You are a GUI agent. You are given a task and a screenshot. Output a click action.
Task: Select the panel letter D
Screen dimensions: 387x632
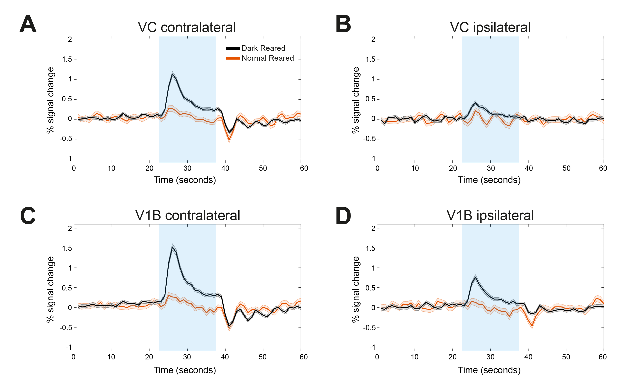(343, 216)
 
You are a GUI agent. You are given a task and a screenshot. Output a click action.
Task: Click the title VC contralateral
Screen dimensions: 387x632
(187, 27)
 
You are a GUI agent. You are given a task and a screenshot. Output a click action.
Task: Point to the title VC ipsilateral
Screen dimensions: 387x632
(490, 27)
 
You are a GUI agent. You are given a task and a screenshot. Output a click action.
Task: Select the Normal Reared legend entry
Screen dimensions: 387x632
(267, 58)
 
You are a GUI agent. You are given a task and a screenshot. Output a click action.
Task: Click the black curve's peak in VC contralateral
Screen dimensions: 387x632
(172, 74)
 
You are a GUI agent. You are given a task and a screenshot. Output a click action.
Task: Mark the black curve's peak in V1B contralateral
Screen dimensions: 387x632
(172, 247)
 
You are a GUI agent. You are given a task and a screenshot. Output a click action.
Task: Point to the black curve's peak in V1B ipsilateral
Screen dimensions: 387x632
(475, 277)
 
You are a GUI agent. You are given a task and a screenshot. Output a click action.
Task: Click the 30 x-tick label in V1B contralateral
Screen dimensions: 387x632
(187, 357)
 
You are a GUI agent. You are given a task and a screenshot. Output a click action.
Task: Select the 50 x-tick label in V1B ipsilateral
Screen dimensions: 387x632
(566, 357)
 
